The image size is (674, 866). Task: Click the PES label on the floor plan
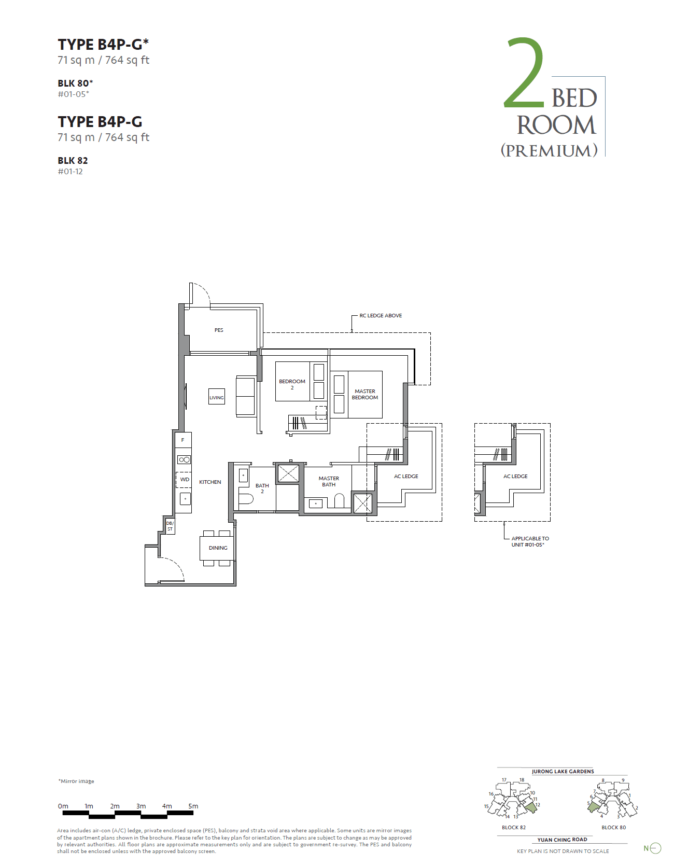pyautogui.click(x=219, y=330)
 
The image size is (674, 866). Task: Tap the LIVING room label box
pyautogui.click(x=217, y=397)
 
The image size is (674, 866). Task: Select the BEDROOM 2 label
pyautogui.click(x=292, y=384)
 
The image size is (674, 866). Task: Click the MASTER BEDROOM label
pyautogui.click(x=365, y=395)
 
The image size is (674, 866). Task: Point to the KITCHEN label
pyautogui.click(x=210, y=482)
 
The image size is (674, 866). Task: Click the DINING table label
pyautogui.click(x=218, y=548)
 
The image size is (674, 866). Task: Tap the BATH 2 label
pyautogui.click(x=262, y=488)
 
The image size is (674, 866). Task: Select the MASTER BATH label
pyautogui.click(x=329, y=482)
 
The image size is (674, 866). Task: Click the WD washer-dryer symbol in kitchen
pyautogui.click(x=185, y=480)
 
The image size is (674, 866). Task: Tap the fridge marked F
pyautogui.click(x=182, y=440)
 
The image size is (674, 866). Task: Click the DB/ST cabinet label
pyautogui.click(x=170, y=526)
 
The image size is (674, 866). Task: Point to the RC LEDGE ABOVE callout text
pyautogui.click(x=381, y=316)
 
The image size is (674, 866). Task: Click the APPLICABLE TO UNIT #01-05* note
pyautogui.click(x=530, y=542)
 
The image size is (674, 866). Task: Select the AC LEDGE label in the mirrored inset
pyautogui.click(x=515, y=477)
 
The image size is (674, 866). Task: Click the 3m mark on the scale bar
pyautogui.click(x=141, y=806)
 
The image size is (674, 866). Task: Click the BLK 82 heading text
pyautogui.click(x=73, y=161)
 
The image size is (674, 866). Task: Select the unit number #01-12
pyautogui.click(x=70, y=172)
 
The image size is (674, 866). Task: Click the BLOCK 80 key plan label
pyautogui.click(x=613, y=828)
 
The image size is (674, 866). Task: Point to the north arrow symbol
pyautogui.click(x=655, y=848)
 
